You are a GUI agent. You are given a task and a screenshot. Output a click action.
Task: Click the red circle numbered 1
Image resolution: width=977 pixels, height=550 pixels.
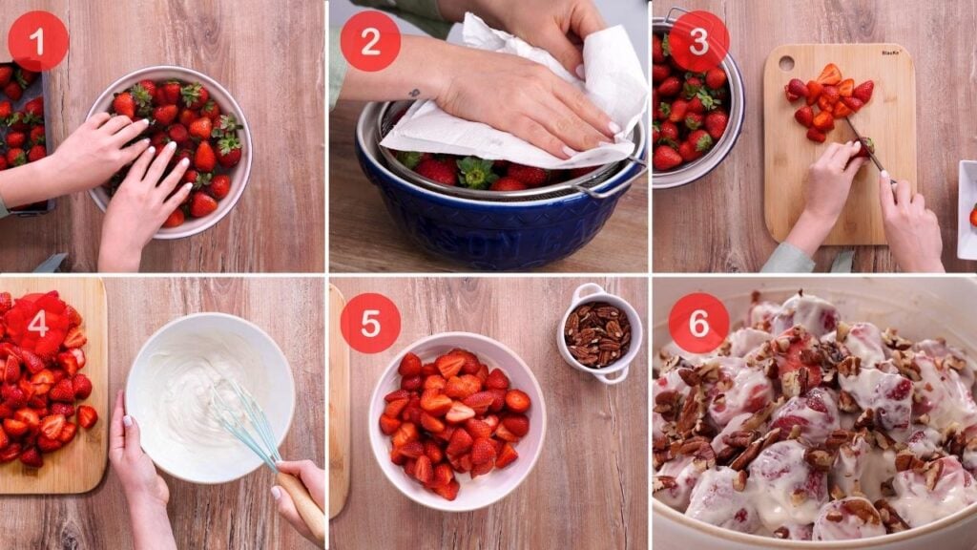coord(38,41)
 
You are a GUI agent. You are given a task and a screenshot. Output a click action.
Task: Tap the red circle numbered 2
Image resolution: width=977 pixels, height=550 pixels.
coord(370,41)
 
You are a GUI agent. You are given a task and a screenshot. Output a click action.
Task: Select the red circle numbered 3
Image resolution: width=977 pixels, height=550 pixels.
coord(698,41)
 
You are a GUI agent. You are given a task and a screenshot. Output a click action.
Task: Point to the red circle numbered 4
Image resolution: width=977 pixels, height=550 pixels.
coord(38,324)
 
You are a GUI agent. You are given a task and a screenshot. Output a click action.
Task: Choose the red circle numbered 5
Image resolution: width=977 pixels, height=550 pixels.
coord(370,323)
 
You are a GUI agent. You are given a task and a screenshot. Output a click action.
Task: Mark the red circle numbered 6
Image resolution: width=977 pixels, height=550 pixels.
coord(698,323)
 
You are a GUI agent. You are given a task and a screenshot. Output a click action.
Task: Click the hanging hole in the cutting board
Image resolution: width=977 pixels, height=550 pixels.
coord(785,63)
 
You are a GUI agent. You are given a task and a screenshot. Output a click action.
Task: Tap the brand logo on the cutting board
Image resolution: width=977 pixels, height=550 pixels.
coord(891,53)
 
